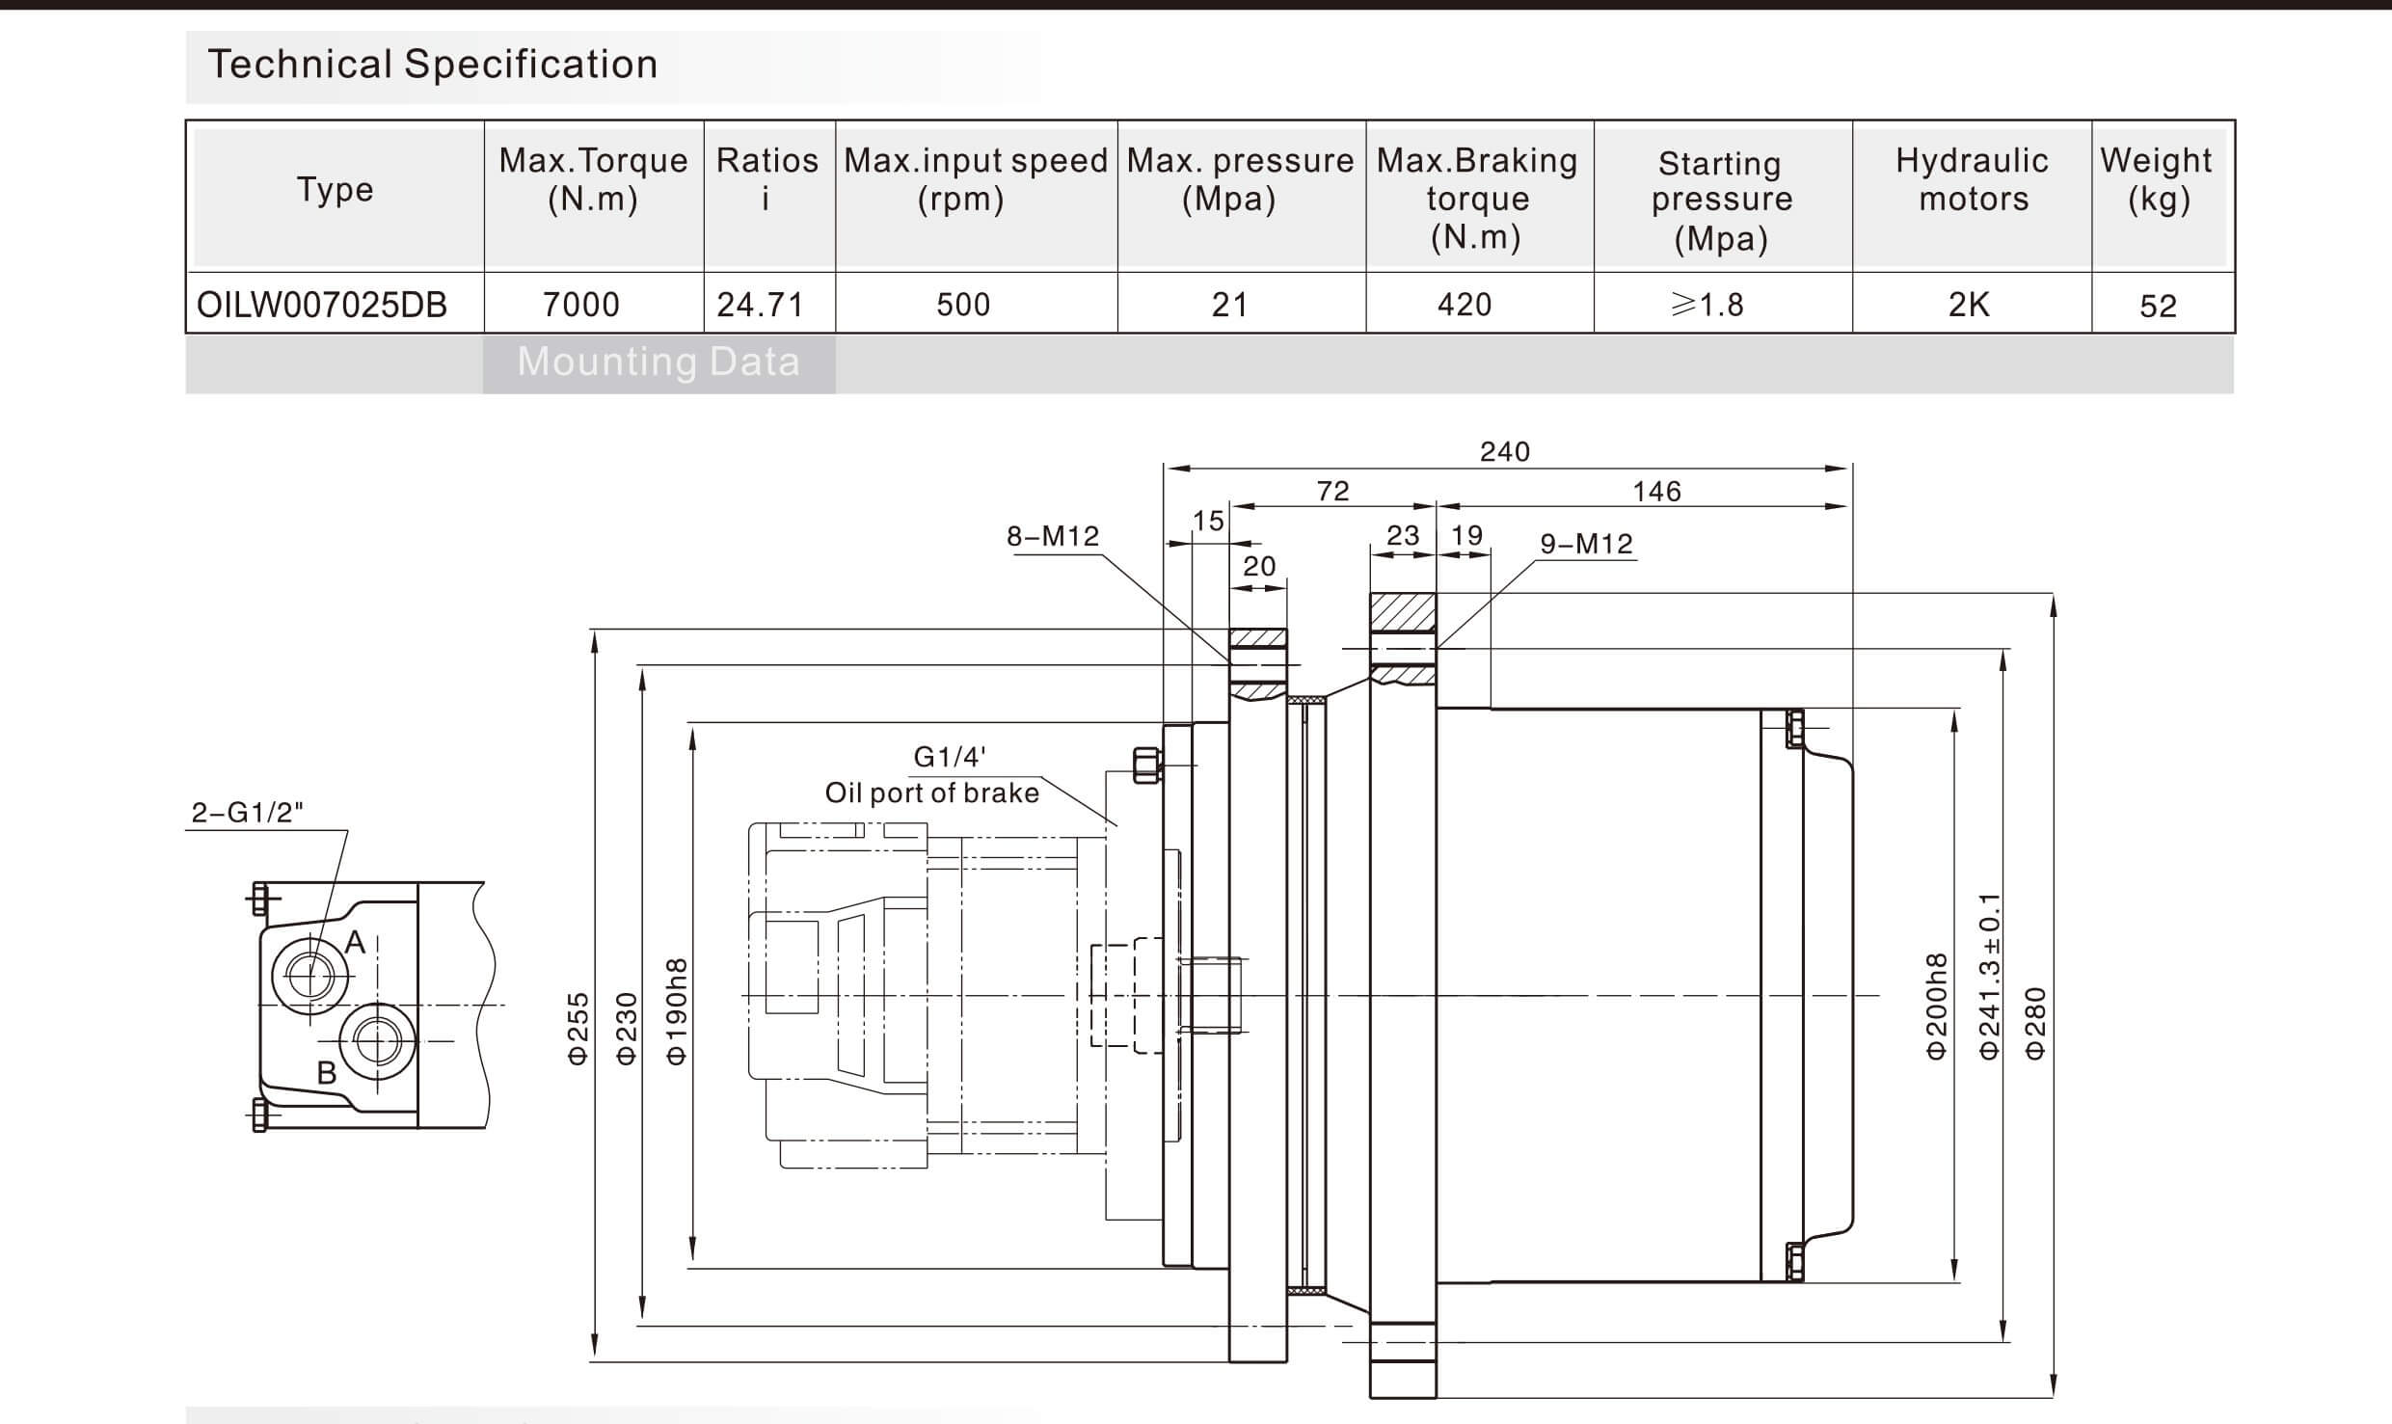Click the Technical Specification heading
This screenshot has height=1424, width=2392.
pos(433,65)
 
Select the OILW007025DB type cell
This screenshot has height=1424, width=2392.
pos(322,305)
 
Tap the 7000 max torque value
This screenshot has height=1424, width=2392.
pos(581,305)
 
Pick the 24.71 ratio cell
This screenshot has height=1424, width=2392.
pos(760,305)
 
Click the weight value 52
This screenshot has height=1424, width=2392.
pos(2158,306)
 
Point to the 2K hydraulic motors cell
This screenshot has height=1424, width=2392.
pos(1968,305)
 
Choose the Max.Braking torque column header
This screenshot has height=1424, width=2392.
pos(1477,199)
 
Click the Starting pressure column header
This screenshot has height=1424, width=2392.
pos(1721,201)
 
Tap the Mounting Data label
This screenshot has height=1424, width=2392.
pos(658,362)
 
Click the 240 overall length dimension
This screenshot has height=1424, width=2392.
pos(1505,451)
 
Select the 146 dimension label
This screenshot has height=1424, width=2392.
pos(1656,492)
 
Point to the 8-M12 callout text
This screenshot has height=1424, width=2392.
pos(1053,536)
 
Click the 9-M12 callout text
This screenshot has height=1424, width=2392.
pos(1586,544)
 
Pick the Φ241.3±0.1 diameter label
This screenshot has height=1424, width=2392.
pos(1990,976)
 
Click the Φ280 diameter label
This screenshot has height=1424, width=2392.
pos(2034,1024)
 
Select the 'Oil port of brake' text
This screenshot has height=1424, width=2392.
pos(931,793)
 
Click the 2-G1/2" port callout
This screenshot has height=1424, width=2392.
pos(247,813)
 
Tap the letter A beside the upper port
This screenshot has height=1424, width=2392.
pos(355,942)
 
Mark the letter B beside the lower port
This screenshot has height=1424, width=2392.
pos(327,1072)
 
